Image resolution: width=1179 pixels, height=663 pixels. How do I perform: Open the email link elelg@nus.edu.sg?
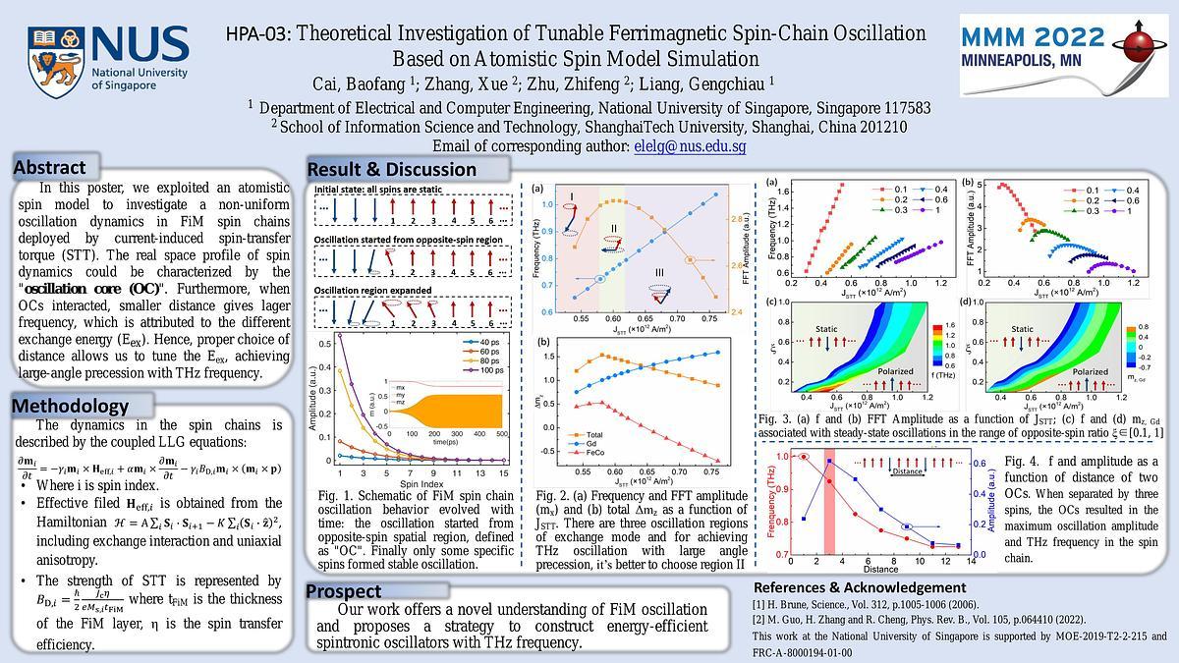tap(690, 146)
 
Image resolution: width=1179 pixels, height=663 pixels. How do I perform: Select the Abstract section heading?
tap(50, 168)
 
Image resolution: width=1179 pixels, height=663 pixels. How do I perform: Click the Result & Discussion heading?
tap(392, 169)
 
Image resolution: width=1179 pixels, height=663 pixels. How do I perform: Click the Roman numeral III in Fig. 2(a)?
tap(659, 271)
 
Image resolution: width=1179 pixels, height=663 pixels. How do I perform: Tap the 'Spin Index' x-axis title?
tap(414, 483)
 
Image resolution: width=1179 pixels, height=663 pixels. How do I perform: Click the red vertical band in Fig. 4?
tap(829, 503)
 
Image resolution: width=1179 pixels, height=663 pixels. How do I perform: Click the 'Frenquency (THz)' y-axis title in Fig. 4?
tap(768, 504)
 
